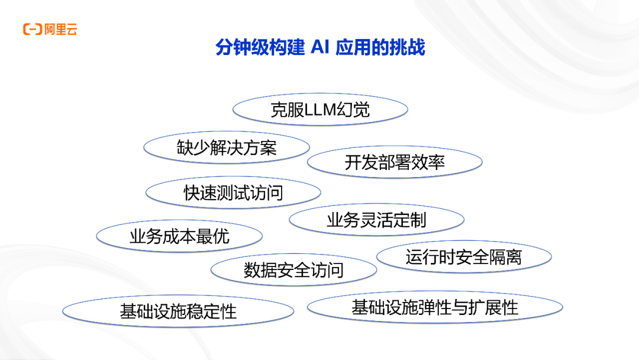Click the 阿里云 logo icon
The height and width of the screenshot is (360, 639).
(x=32, y=30)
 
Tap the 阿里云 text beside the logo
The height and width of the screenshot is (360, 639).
(x=61, y=30)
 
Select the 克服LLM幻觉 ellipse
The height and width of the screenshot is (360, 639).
(x=320, y=110)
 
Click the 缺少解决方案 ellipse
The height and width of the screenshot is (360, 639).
(x=227, y=147)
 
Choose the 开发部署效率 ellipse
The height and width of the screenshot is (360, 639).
(x=395, y=162)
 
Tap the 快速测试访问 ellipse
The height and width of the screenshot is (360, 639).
(x=233, y=192)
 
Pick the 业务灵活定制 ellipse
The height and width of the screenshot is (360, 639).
(x=376, y=220)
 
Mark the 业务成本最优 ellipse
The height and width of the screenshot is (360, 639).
(x=179, y=236)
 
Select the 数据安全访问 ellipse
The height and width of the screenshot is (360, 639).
(x=293, y=270)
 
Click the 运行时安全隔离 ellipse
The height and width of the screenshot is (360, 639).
(x=464, y=256)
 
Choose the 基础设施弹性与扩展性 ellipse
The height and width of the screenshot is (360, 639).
(x=435, y=307)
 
